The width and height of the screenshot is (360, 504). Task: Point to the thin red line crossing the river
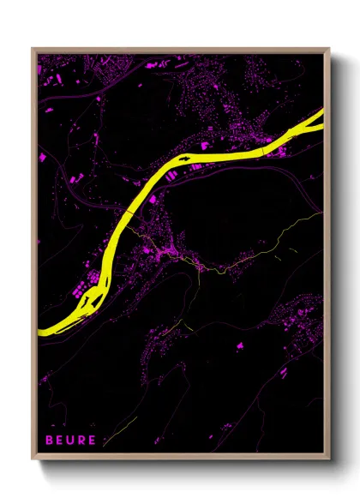(129, 210)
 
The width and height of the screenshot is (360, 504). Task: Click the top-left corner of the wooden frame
(33, 49)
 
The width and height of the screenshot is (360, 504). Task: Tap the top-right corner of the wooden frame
(329, 49)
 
